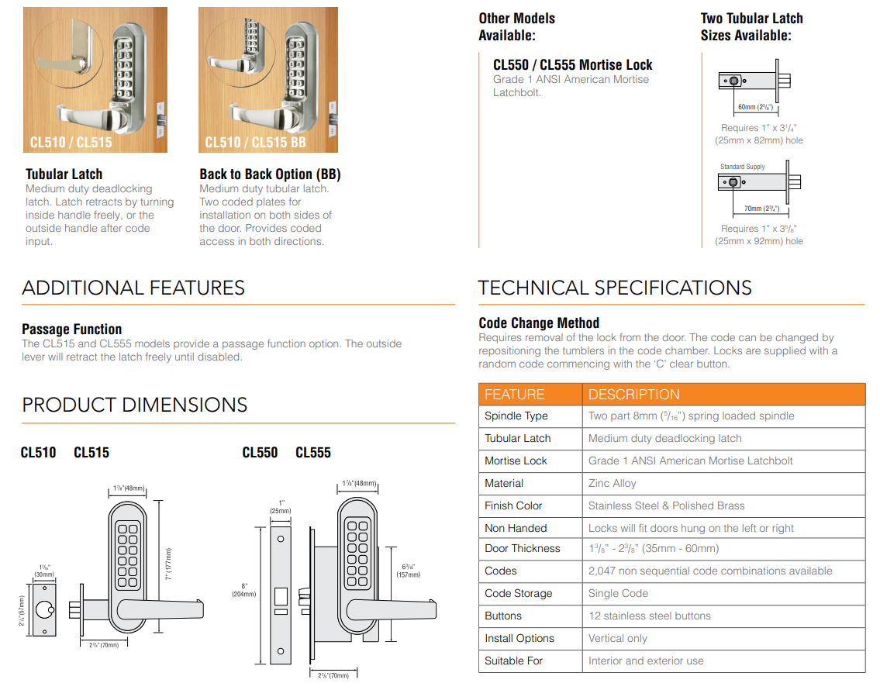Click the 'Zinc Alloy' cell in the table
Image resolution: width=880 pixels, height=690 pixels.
point(612,483)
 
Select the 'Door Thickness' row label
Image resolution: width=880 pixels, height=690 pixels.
point(522,548)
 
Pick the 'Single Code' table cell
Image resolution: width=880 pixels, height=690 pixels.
point(618,593)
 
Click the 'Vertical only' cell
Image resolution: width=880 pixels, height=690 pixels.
point(617,638)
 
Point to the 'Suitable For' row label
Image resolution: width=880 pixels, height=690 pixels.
point(513,661)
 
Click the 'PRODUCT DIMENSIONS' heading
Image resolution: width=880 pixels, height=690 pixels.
point(135,405)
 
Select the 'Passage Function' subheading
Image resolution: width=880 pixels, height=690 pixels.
point(71,329)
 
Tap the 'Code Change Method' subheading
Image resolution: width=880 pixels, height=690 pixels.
point(539,323)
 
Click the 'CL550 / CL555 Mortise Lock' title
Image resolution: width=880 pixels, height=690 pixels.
point(572,65)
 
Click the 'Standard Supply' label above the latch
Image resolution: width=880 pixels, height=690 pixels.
point(742,167)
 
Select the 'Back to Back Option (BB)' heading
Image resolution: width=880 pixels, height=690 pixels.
point(270,174)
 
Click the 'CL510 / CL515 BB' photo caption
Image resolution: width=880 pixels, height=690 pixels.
point(255,143)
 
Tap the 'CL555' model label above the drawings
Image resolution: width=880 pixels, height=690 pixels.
point(313,453)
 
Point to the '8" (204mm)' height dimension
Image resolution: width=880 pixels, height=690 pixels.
point(244,589)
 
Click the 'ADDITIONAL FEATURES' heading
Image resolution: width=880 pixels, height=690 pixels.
point(133,288)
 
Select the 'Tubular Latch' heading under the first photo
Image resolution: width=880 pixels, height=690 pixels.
point(64,174)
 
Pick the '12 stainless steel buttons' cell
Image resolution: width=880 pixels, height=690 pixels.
point(649,616)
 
